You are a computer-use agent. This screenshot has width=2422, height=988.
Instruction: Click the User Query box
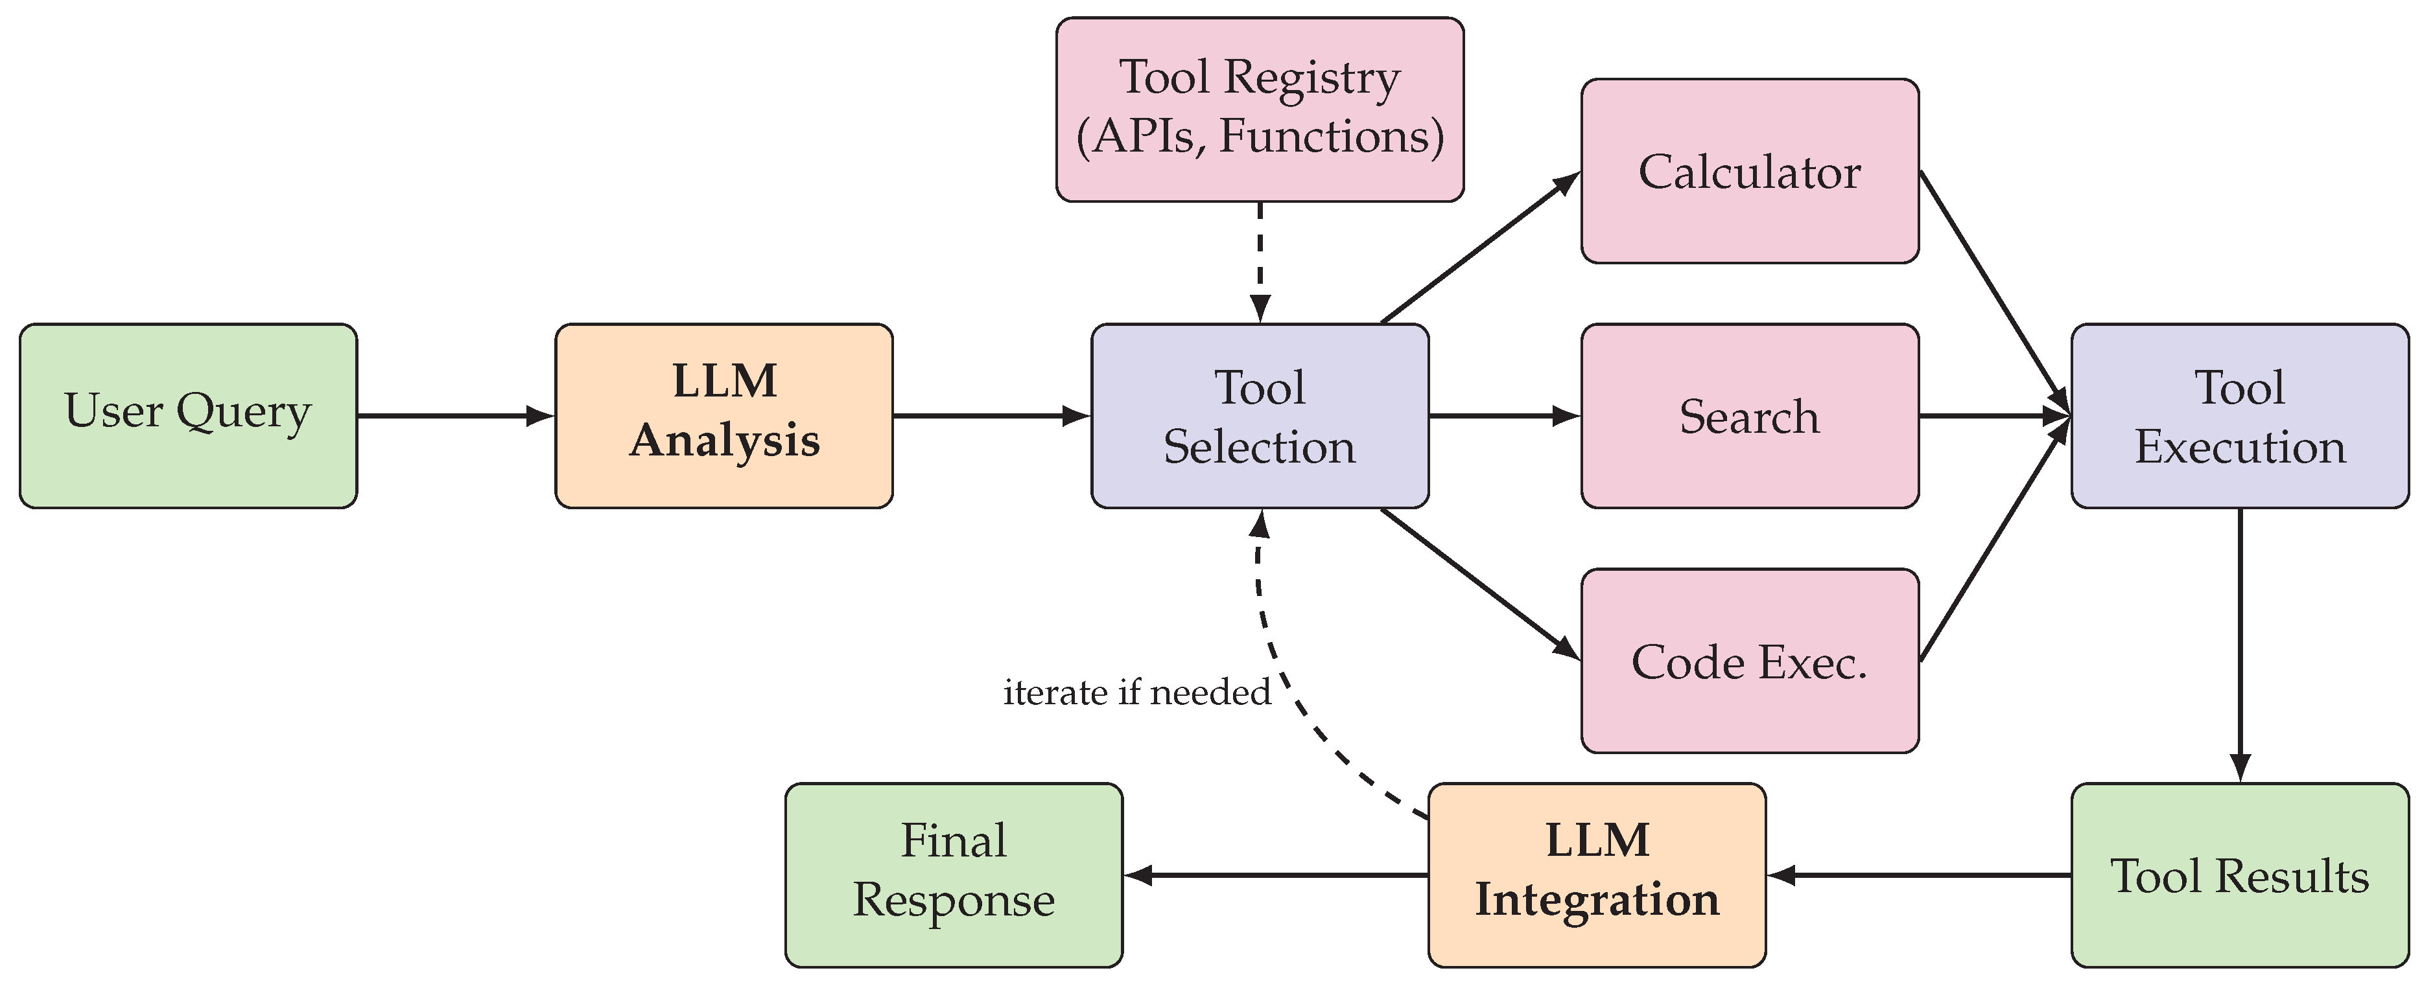tap(188, 415)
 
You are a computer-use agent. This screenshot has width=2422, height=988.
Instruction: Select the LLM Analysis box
tap(724, 415)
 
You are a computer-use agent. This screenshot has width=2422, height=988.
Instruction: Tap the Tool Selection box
tap(1260, 415)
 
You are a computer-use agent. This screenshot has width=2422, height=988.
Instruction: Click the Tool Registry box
tap(1260, 109)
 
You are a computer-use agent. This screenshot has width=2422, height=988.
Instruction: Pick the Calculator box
tap(1750, 171)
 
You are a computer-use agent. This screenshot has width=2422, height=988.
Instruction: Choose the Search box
tap(1750, 415)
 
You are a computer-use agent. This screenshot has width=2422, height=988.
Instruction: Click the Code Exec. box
tap(1750, 661)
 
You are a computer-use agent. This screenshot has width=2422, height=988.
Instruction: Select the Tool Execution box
tap(2240, 415)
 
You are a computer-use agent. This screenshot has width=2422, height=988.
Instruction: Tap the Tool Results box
tap(2240, 875)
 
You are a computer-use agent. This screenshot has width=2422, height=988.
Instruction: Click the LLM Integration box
tap(1597, 875)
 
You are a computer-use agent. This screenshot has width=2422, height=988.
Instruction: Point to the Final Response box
tap(954, 875)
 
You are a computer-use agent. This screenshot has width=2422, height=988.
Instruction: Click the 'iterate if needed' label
tap(1136, 693)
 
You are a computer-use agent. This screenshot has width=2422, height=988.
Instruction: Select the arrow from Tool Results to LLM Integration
tap(1918, 875)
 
